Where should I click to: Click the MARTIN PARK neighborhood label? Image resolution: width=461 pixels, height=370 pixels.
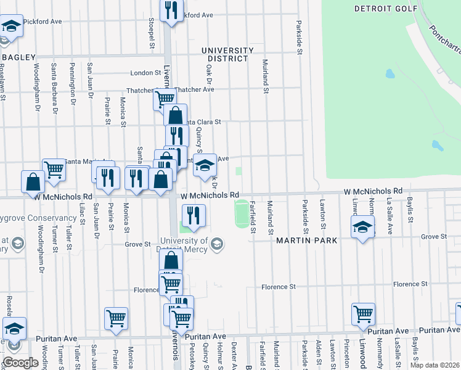(x=306, y=240)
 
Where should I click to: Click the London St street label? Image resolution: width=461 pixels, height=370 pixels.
(x=145, y=72)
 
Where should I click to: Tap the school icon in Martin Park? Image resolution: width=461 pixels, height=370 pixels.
(x=362, y=226)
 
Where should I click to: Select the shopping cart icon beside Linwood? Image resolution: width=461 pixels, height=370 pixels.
(x=364, y=313)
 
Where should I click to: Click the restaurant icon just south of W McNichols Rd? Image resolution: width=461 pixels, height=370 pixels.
(x=194, y=214)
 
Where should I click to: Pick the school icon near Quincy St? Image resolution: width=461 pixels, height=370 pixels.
(x=205, y=165)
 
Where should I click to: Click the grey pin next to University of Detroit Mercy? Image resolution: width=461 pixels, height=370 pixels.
(x=216, y=245)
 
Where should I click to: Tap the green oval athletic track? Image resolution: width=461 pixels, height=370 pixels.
(x=242, y=213)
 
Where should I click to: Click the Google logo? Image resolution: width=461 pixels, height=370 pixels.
(x=20, y=363)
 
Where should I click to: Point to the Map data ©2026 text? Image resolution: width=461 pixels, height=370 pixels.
(x=434, y=365)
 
